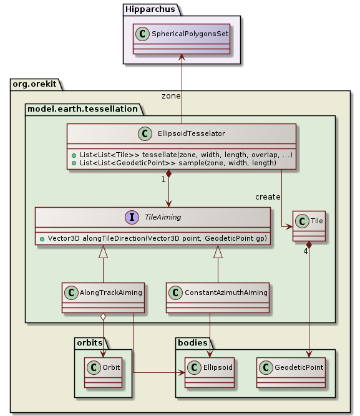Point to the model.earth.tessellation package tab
tap(81, 109)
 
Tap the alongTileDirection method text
tap(153, 239)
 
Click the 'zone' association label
tap(171, 96)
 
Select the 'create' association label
tap(268, 197)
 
